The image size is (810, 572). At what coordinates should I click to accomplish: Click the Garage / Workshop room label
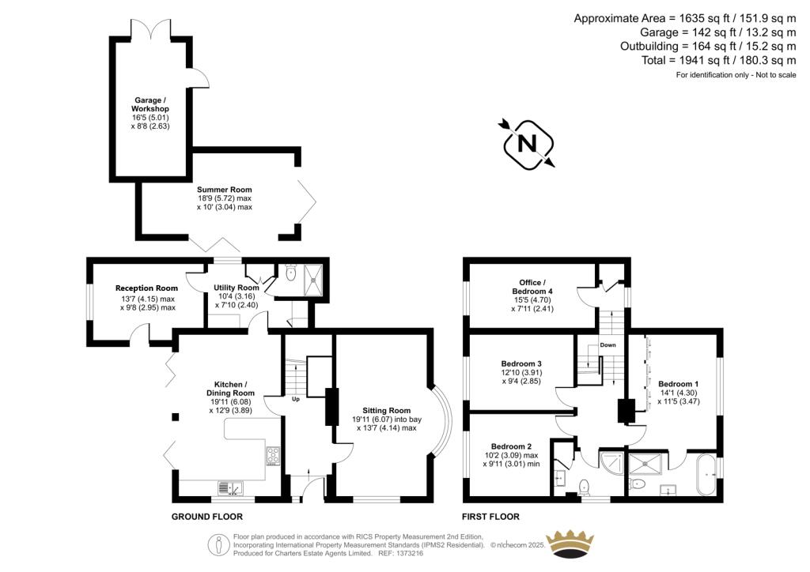click(150, 104)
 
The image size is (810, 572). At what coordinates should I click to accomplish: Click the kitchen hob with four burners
click(273, 455)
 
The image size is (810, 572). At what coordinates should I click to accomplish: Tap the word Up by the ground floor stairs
click(296, 399)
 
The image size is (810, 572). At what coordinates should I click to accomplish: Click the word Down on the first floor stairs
click(607, 345)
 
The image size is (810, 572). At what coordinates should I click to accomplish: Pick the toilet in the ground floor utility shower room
click(291, 273)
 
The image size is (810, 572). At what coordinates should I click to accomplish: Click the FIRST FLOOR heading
click(492, 517)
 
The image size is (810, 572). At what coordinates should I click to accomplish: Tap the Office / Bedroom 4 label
click(531, 287)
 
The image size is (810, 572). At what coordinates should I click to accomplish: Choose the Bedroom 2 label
click(511, 446)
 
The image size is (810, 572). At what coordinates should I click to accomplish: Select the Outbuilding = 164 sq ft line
click(707, 47)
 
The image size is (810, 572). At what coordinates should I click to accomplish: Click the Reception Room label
click(146, 288)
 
